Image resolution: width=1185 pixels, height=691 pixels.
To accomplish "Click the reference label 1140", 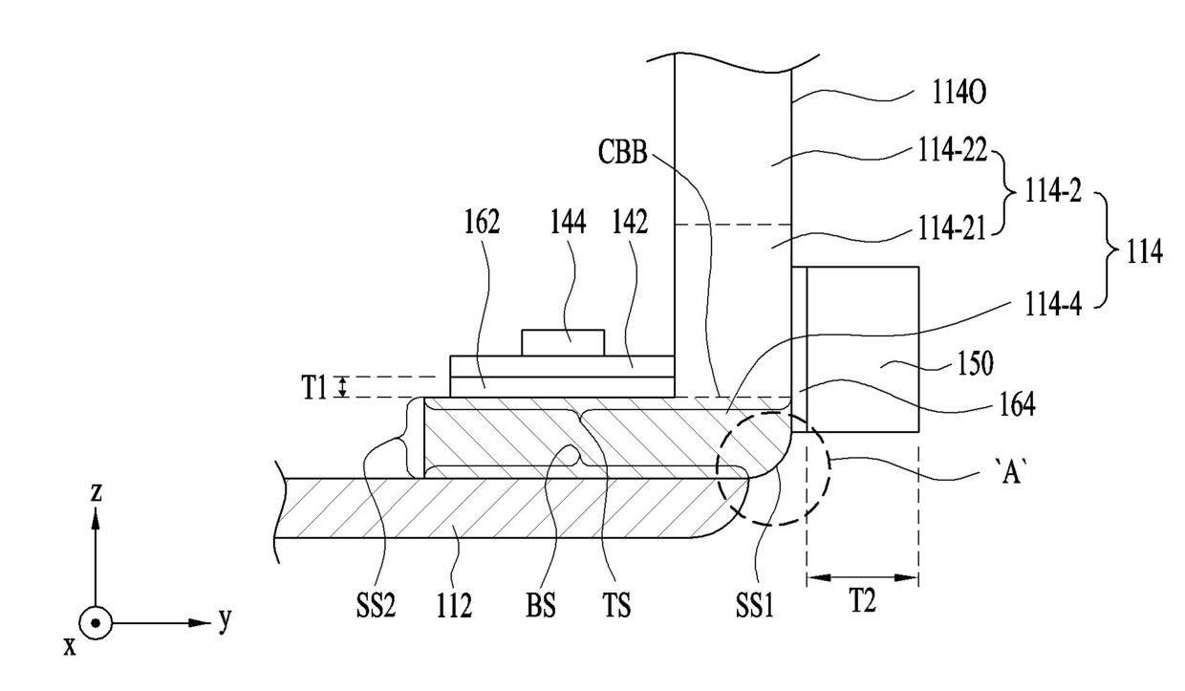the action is click(x=959, y=95).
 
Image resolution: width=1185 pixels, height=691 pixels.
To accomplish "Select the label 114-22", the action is click(x=952, y=150).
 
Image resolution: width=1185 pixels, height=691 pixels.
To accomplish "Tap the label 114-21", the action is click(x=952, y=229).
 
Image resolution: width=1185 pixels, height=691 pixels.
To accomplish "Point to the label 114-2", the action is click(x=1053, y=191).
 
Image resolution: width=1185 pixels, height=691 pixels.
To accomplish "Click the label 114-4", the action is click(x=1053, y=304).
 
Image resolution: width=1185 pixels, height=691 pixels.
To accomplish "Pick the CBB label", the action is click(x=623, y=152).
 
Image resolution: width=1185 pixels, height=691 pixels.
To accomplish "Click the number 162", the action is click(x=482, y=222).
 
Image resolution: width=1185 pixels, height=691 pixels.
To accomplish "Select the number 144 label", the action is click(x=569, y=222).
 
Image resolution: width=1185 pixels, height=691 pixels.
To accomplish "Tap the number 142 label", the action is click(x=630, y=222).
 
